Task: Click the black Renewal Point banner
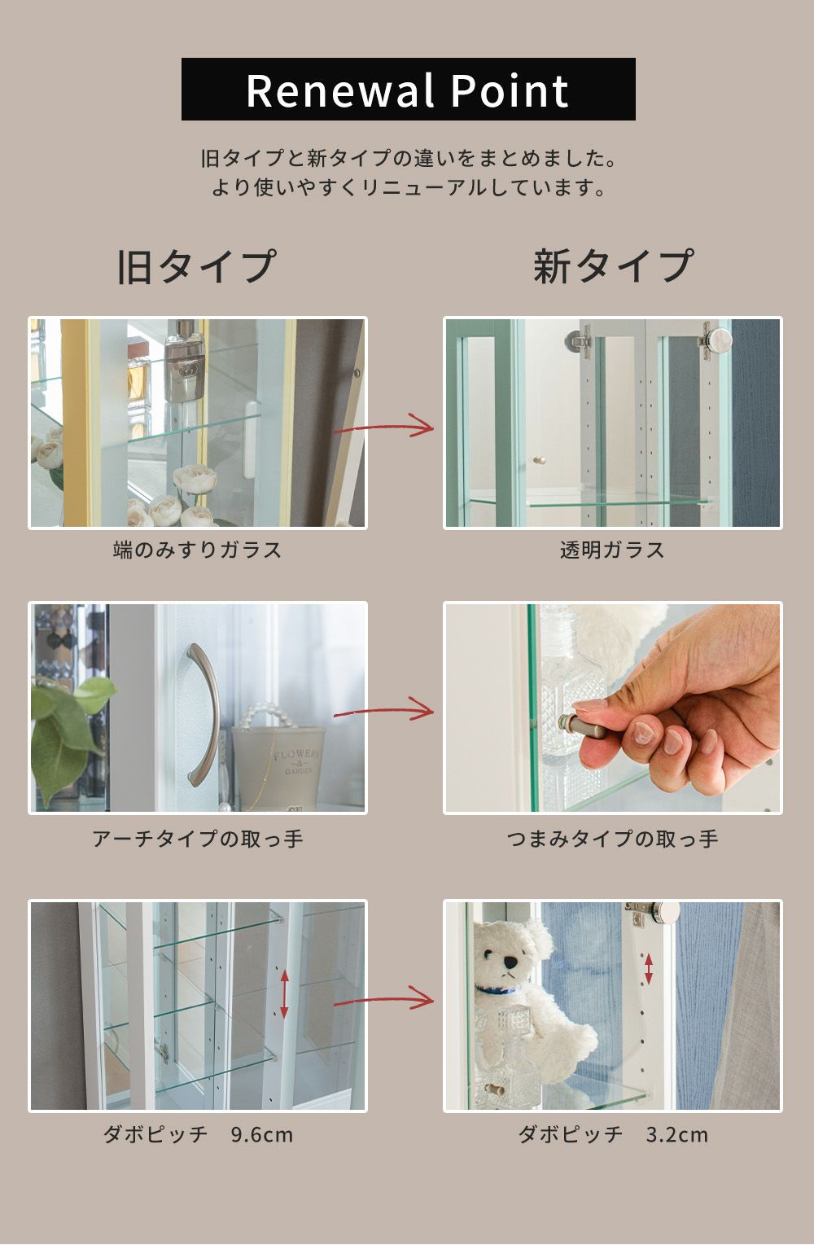409,89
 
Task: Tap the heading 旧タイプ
197,266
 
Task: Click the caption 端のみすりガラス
197,550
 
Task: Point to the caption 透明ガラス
612,550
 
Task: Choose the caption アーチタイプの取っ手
198,838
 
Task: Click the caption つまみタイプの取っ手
612,838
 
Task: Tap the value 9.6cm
262,1133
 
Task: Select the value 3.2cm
676,1133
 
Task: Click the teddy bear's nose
510,961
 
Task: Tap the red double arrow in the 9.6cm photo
284,994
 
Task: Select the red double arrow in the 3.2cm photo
649,969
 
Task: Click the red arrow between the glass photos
383,426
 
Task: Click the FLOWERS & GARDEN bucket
278,765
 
